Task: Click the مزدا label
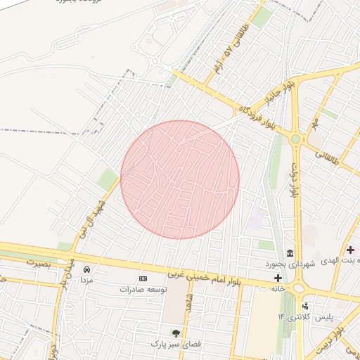coord(86,280)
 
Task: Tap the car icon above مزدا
coord(86,269)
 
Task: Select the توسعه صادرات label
coord(143,289)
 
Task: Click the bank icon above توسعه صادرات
coord(143,279)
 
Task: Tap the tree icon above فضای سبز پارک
coord(176,333)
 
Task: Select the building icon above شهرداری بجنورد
coord(290,253)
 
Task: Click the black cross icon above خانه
coord(278,278)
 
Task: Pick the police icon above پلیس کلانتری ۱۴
coord(305,306)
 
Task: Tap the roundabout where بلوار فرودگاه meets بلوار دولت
coord(295,139)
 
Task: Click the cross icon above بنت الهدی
coord(350,250)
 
